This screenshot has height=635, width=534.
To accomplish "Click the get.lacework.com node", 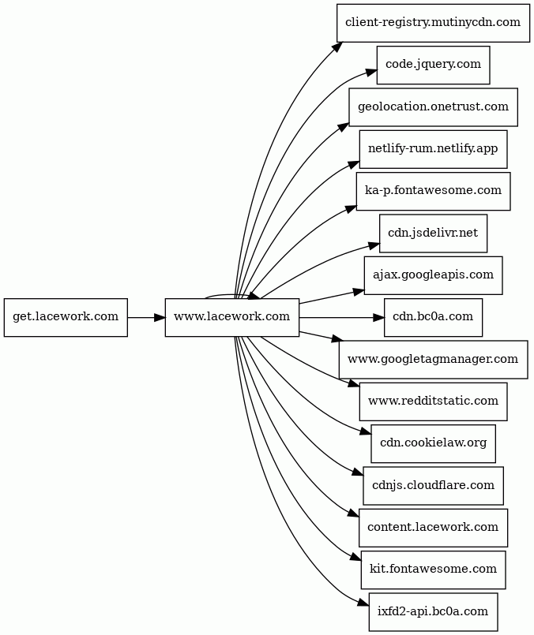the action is (66, 317).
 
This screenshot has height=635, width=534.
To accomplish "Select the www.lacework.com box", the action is (232, 317).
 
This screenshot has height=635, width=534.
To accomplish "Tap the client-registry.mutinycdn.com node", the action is (433, 23).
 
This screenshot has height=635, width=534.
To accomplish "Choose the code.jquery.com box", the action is (433, 65).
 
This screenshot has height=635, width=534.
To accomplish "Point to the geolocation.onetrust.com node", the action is (433, 107).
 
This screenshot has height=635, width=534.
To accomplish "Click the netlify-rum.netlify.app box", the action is (433, 149).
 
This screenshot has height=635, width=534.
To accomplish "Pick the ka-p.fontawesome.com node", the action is (433, 191).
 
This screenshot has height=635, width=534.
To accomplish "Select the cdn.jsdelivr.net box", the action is (433, 233).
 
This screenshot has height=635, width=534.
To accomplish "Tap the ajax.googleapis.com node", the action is (433, 275).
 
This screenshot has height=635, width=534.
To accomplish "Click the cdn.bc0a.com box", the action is (433, 317).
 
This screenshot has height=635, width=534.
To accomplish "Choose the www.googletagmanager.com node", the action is (433, 360).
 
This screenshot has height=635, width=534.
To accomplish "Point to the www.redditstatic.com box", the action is (433, 402).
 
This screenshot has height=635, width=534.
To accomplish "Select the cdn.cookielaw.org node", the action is (433, 444).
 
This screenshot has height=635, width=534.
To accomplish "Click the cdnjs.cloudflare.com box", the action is (433, 486).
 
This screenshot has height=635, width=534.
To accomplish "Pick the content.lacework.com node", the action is (433, 528).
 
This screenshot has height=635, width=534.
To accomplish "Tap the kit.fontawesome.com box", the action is (433, 570).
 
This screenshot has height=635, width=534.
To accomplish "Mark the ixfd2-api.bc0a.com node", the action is (433, 612).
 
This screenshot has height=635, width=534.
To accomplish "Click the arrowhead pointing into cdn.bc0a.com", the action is (378, 317).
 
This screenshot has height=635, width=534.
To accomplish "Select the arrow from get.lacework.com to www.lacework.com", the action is (146, 317).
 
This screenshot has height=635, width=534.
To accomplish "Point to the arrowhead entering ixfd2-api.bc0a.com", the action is (363, 603).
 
